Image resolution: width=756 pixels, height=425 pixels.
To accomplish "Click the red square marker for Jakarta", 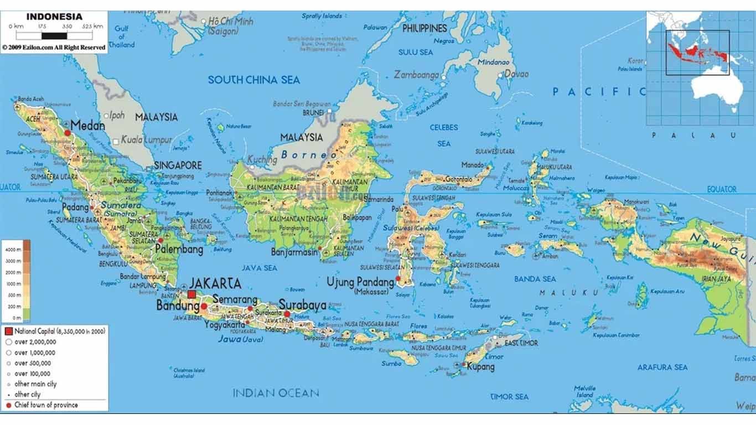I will [x=192, y=294].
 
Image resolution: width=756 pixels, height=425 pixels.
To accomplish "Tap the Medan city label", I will [x=87, y=126].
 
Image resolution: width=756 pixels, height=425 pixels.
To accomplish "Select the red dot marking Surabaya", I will [x=287, y=314].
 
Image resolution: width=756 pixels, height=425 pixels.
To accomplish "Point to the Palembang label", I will [x=178, y=250].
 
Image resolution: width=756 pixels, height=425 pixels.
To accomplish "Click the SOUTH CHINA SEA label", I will [x=253, y=80].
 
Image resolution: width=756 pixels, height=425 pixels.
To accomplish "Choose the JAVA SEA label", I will [x=259, y=268].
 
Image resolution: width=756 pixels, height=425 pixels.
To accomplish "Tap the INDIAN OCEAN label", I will [x=276, y=393].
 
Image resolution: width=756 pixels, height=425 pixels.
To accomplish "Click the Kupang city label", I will [x=480, y=366].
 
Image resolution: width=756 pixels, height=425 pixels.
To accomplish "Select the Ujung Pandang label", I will [x=360, y=282].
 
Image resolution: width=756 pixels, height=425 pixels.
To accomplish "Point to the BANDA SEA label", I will [x=535, y=279].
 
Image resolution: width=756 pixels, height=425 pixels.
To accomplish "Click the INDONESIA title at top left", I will [x=54, y=17].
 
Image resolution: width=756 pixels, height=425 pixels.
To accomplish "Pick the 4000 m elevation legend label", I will [x=13, y=250].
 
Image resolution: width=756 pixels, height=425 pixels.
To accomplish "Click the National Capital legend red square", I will [x=8, y=331].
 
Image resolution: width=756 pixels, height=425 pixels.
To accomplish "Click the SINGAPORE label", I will [x=177, y=165].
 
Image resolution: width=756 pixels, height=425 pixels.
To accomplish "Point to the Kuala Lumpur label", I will [x=146, y=140].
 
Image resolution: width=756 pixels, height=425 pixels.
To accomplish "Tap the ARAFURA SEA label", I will [x=662, y=367].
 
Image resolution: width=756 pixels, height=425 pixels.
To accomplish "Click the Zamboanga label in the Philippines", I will [x=416, y=75].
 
